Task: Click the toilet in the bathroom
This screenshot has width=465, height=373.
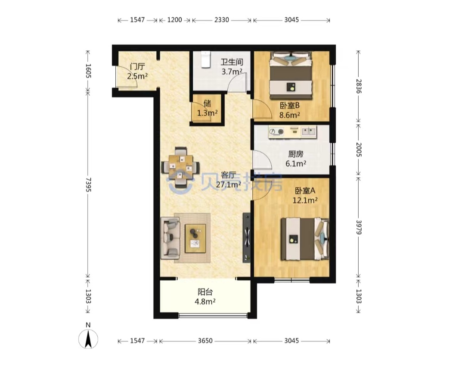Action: click(x=205, y=59)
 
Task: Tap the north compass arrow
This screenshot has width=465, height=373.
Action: click(x=88, y=339)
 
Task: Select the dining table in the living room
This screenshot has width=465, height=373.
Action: click(x=180, y=167)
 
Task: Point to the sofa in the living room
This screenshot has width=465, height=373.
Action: click(x=170, y=238)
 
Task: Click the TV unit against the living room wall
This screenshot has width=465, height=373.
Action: click(x=247, y=238)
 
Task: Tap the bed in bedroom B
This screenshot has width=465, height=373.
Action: click(x=291, y=76)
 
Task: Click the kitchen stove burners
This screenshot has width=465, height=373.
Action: click(x=276, y=132)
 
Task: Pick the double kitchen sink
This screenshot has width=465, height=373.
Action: click(x=309, y=131)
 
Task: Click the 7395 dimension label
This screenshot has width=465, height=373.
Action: click(x=88, y=185)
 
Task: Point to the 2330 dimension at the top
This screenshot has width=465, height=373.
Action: click(x=222, y=20)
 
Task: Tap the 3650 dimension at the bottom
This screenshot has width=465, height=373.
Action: click(x=205, y=341)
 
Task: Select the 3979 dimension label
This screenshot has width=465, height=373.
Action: click(x=359, y=227)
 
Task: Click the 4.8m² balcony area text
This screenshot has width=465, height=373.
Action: click(x=205, y=302)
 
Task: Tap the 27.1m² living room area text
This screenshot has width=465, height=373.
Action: click(x=228, y=185)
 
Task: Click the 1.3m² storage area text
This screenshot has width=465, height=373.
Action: click(x=207, y=113)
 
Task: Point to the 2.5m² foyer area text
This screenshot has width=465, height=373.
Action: click(x=137, y=76)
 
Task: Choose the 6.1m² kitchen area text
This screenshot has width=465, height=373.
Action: click(x=296, y=163)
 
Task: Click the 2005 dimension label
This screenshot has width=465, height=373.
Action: click(x=359, y=150)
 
